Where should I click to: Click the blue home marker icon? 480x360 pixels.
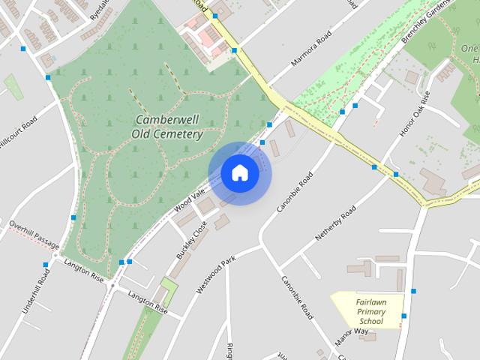(239, 173)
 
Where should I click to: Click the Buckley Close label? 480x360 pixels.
(191, 244)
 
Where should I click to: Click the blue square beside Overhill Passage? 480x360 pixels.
(73, 217)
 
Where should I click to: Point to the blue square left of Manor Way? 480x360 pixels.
(403, 316)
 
